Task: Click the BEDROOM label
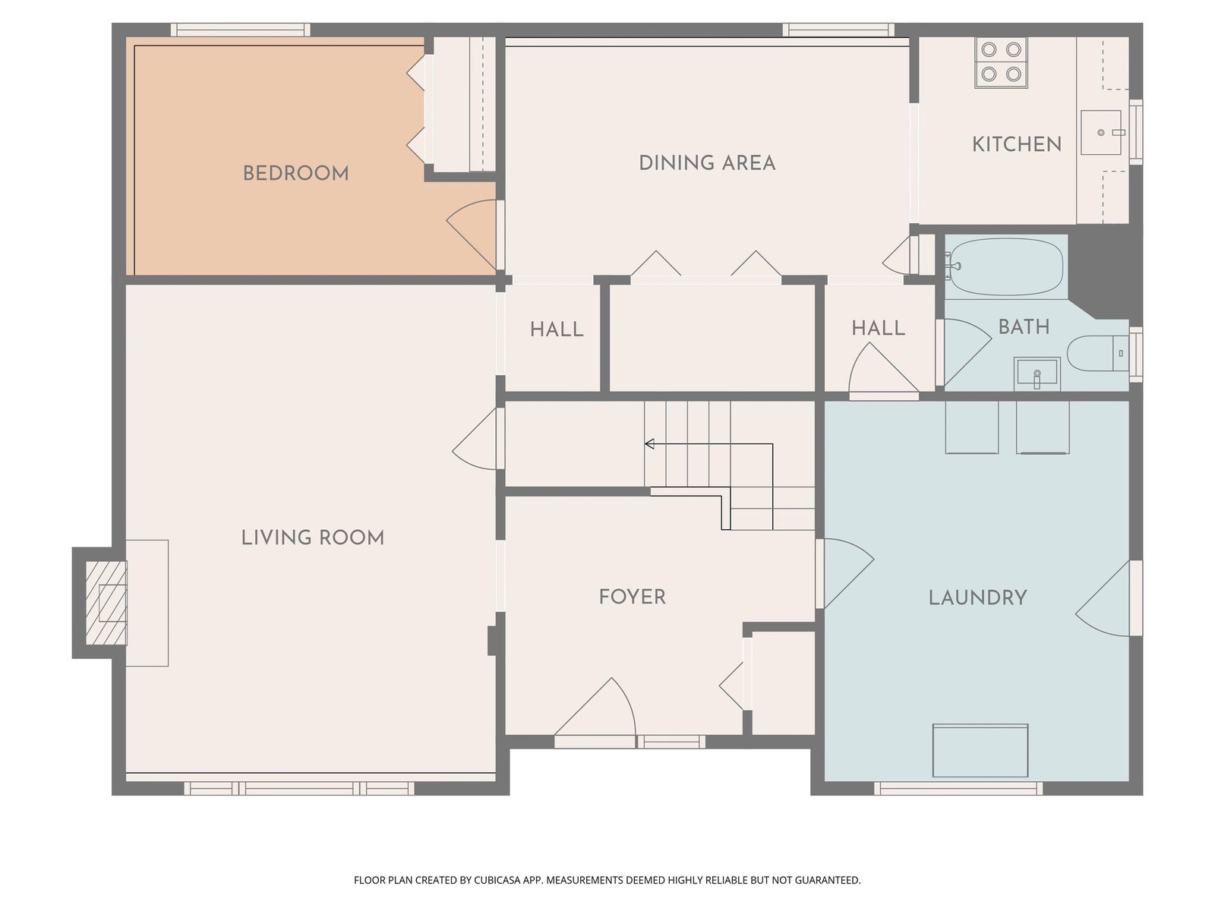click(x=295, y=173)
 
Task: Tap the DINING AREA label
click(x=707, y=162)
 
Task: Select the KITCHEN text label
click(x=1017, y=144)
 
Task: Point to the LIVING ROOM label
click(x=313, y=537)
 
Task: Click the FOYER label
click(x=632, y=596)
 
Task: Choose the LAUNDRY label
click(x=977, y=597)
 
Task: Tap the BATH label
click(x=1024, y=327)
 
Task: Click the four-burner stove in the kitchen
click(x=1001, y=62)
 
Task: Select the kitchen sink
click(x=1100, y=132)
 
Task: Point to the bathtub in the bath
click(x=1004, y=266)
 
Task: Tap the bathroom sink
click(x=1037, y=374)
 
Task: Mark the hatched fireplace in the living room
click(x=106, y=603)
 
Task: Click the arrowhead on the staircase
click(x=649, y=443)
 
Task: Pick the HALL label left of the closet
click(x=557, y=329)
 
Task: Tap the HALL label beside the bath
click(x=878, y=328)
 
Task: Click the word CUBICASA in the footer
click(x=497, y=879)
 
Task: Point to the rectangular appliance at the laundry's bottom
click(x=980, y=751)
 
